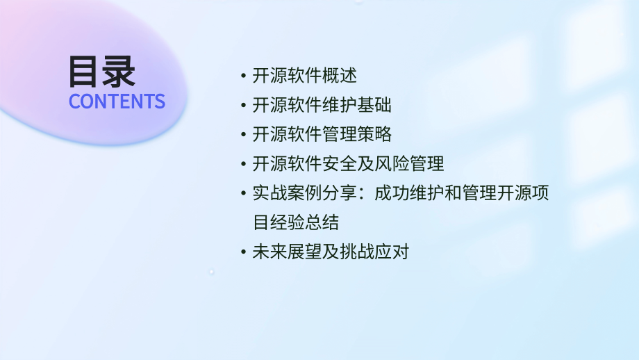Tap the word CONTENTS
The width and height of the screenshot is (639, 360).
[117, 101]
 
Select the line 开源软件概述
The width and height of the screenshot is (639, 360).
[304, 76]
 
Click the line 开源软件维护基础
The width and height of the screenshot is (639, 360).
[322, 106]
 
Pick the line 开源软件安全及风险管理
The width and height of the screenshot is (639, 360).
[348, 165]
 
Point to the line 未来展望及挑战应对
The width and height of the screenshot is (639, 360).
[331, 252]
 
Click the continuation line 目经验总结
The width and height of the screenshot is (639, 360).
[296, 222]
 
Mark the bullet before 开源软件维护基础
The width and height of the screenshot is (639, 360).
[242, 106]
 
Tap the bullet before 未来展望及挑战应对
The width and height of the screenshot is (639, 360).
[242, 252]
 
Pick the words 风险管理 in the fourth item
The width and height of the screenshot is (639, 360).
[409, 165]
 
